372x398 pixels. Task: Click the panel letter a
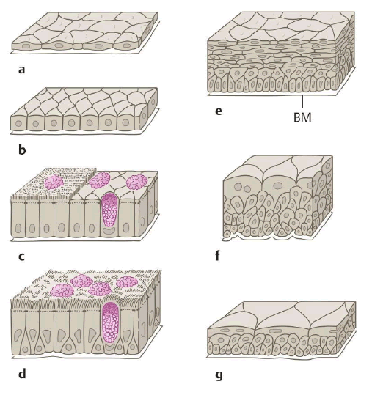22,70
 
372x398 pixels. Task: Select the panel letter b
22,150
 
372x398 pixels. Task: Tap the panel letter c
21,257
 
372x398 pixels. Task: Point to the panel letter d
22,374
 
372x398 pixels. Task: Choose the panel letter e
218,111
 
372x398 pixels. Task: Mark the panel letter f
217,255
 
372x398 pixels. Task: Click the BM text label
302,117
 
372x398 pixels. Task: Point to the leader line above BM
302,102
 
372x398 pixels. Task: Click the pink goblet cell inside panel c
110,210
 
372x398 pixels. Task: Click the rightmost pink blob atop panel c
137,182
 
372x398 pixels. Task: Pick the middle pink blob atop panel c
100,180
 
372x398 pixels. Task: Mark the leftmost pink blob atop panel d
62,290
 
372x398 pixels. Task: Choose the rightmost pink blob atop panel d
127,281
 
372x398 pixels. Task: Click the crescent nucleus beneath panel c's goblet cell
110,231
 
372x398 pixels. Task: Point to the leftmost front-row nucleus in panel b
18,124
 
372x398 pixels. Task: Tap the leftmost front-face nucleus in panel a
26,46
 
